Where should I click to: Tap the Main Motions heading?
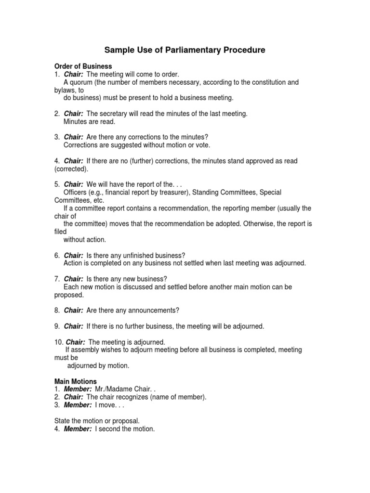point(75,381)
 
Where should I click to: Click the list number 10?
point(58,342)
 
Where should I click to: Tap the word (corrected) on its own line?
point(71,169)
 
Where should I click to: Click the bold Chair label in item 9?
point(74,326)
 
